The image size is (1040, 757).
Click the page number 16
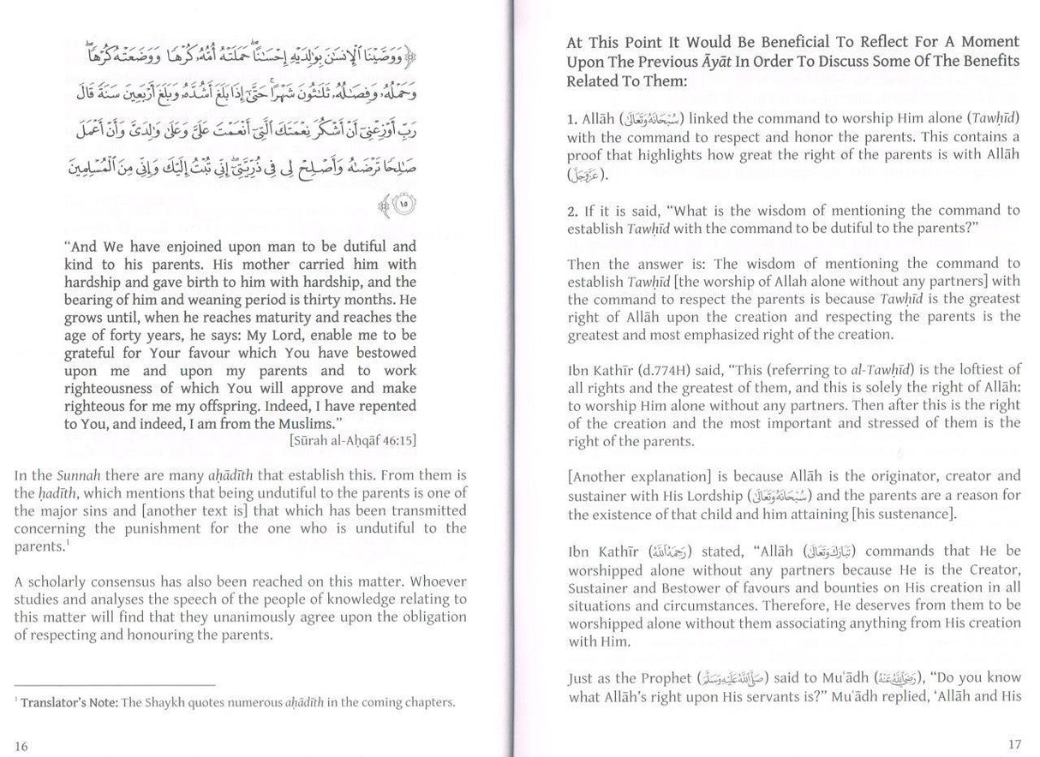coord(21,746)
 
